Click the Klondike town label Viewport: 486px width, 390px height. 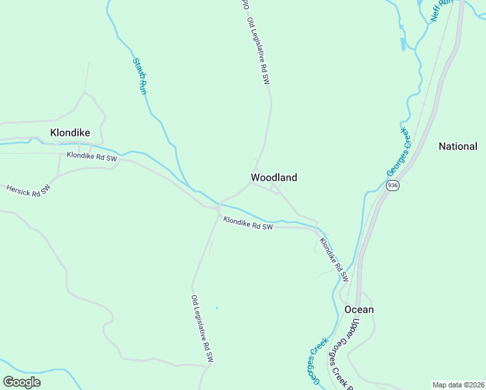[70, 133]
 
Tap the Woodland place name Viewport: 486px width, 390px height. [274, 177]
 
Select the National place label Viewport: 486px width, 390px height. [458, 146]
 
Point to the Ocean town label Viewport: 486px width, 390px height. [359, 309]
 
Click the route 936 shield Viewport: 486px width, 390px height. [392, 186]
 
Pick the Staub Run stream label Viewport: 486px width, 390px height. [140, 76]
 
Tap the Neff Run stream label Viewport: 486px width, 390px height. [442, 11]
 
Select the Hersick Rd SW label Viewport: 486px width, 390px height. [28, 190]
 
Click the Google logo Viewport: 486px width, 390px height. [21, 382]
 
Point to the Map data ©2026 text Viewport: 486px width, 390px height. [458, 385]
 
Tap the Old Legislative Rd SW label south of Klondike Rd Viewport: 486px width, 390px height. [202, 328]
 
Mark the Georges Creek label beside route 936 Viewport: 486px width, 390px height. [398, 151]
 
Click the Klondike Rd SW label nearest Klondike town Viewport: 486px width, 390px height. [92, 157]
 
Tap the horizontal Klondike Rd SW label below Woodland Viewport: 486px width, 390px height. [248, 223]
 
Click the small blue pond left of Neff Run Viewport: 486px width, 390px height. [403, 44]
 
